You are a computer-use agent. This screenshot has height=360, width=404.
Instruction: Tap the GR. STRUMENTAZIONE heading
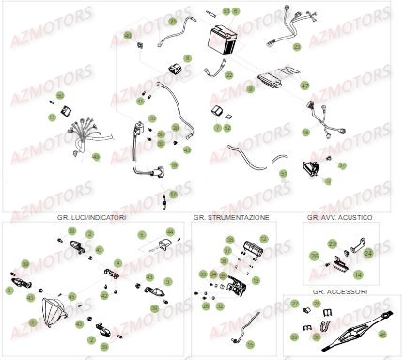[231, 217]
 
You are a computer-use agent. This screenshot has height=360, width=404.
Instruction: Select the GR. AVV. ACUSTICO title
[340, 217]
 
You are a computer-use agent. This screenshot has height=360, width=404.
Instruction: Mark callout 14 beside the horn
[357, 274]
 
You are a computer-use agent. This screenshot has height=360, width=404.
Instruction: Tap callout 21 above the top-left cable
[172, 21]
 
